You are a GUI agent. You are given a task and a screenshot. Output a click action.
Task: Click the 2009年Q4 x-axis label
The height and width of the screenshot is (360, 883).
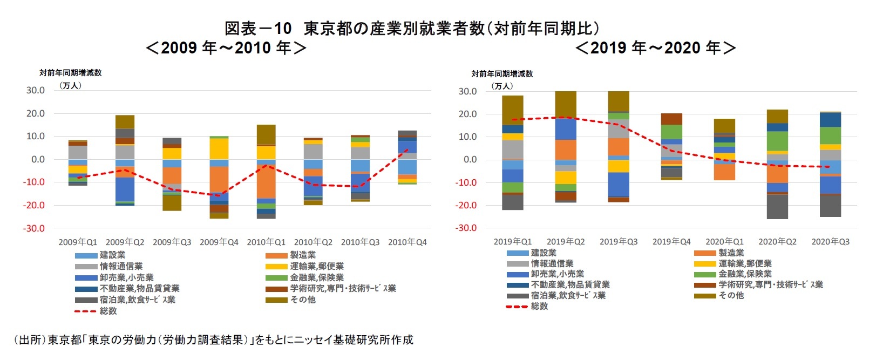(x=219, y=242)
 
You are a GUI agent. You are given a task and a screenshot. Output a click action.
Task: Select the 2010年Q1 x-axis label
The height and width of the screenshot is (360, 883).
(x=266, y=242)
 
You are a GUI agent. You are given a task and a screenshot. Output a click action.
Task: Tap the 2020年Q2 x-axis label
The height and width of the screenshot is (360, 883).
(x=777, y=242)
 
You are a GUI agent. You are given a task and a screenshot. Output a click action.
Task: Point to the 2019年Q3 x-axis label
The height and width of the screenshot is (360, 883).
(x=619, y=242)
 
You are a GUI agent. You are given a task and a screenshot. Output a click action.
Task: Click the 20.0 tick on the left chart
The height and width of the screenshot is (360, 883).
(x=36, y=113)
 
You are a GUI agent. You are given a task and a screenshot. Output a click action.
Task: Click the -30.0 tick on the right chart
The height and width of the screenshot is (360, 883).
(x=467, y=228)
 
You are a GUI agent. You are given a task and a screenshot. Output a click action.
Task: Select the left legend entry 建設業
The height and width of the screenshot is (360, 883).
(x=112, y=255)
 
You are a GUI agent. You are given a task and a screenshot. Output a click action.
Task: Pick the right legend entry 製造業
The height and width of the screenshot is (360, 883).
(x=731, y=253)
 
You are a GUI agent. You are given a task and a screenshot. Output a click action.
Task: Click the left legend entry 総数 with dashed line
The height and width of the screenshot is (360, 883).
(x=107, y=311)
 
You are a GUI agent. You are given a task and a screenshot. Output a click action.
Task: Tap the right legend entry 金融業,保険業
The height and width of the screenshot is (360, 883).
(x=745, y=274)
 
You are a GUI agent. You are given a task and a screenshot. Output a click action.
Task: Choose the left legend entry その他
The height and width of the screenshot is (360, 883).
(x=302, y=300)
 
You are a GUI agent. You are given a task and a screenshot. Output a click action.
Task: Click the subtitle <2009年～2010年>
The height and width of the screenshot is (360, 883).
(x=226, y=48)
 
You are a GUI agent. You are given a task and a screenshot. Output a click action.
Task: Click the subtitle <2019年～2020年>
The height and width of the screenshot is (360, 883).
(x=656, y=48)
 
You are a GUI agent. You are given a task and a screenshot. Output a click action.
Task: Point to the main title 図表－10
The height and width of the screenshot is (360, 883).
(x=258, y=28)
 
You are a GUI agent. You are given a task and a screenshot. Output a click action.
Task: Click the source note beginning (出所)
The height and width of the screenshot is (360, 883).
(x=213, y=339)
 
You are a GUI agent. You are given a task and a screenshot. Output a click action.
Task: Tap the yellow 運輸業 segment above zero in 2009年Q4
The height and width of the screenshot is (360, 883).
(x=219, y=149)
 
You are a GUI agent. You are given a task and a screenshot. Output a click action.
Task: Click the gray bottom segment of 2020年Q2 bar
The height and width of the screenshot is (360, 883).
(x=777, y=207)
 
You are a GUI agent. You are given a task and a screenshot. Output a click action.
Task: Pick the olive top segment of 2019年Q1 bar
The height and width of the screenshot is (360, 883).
(x=512, y=110)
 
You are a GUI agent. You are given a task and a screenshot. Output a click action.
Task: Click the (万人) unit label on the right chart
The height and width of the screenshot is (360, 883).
(x=502, y=86)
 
